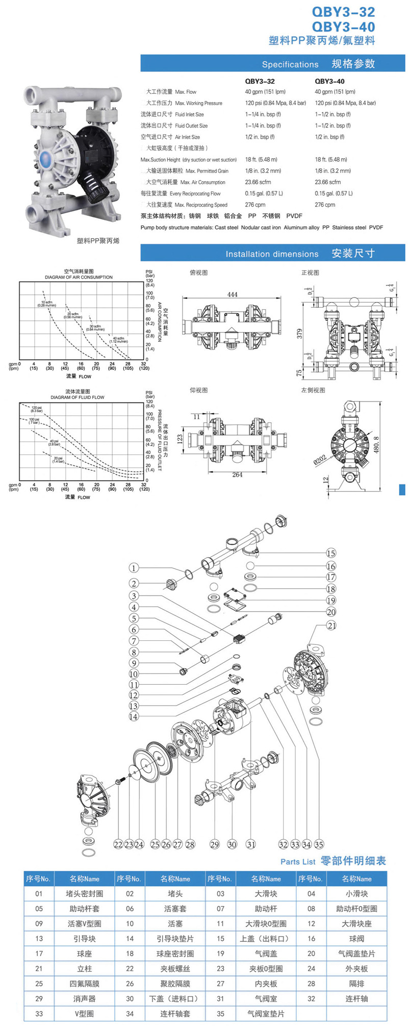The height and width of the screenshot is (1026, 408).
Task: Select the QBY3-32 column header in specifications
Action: pos(260,81)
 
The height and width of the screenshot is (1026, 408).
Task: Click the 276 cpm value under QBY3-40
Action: pos(325,205)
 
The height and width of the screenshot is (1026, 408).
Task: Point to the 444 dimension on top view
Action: pos(232,294)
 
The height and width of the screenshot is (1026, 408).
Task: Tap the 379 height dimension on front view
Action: pos(300,333)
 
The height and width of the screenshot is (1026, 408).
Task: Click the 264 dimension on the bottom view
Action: pos(237,474)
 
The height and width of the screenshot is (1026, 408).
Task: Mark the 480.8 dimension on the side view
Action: pos(376,445)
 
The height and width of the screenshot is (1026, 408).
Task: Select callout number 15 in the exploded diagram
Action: pos(331,554)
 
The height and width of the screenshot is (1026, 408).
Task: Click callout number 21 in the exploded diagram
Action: pos(331,625)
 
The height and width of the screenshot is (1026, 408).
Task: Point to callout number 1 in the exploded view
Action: pos(134,568)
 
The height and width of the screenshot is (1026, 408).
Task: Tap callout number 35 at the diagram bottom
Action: pos(319,844)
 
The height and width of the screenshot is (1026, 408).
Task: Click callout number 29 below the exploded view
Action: pos(215,844)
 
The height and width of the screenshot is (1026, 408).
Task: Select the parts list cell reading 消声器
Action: pos(85,998)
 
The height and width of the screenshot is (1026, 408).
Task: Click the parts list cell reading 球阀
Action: pos(356,938)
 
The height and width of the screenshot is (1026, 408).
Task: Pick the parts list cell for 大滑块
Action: pos(266,893)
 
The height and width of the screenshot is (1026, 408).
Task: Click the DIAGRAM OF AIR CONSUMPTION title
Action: pos(79,277)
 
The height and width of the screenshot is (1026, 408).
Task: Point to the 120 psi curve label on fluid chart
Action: pos(37,409)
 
